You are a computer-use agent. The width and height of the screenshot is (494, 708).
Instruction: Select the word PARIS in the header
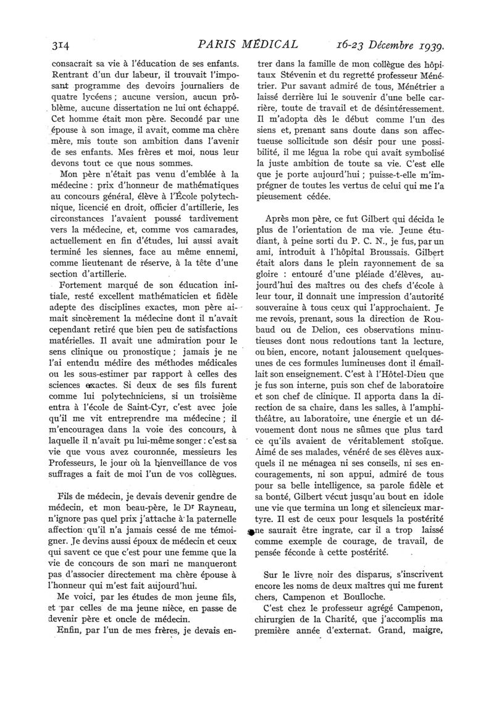[x=214, y=44]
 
